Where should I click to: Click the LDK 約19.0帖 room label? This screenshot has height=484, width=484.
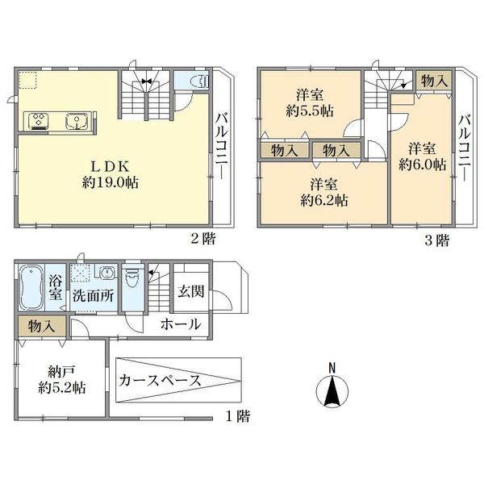[x=111, y=175]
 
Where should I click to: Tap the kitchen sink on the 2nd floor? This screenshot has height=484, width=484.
[x=77, y=121]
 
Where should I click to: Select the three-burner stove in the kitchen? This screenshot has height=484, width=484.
[x=39, y=121]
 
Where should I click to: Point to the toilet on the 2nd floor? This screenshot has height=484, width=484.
[x=200, y=81]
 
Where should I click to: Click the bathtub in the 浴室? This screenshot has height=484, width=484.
[x=31, y=287]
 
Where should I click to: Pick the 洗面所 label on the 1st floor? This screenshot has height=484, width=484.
[x=94, y=296]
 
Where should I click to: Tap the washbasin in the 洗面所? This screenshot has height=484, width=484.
[x=106, y=273]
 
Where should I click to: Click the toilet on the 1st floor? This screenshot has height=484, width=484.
[x=133, y=278]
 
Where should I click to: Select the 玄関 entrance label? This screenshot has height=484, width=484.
[x=190, y=291]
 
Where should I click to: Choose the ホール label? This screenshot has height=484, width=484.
[x=181, y=324]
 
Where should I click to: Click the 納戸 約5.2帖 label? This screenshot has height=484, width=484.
[x=62, y=380]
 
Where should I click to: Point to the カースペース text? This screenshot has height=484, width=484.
[x=161, y=380]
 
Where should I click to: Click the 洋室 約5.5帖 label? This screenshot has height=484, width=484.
[x=310, y=102]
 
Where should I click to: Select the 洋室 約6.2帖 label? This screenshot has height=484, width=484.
[x=324, y=192]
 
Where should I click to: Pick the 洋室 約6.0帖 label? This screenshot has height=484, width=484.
[x=422, y=156]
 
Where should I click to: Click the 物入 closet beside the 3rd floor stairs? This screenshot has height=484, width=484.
[x=434, y=81]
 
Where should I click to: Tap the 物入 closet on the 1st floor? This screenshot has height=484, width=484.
[x=42, y=326]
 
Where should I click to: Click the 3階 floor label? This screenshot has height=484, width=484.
[x=437, y=240]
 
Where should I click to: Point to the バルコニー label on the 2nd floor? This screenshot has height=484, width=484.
[x=222, y=146]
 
